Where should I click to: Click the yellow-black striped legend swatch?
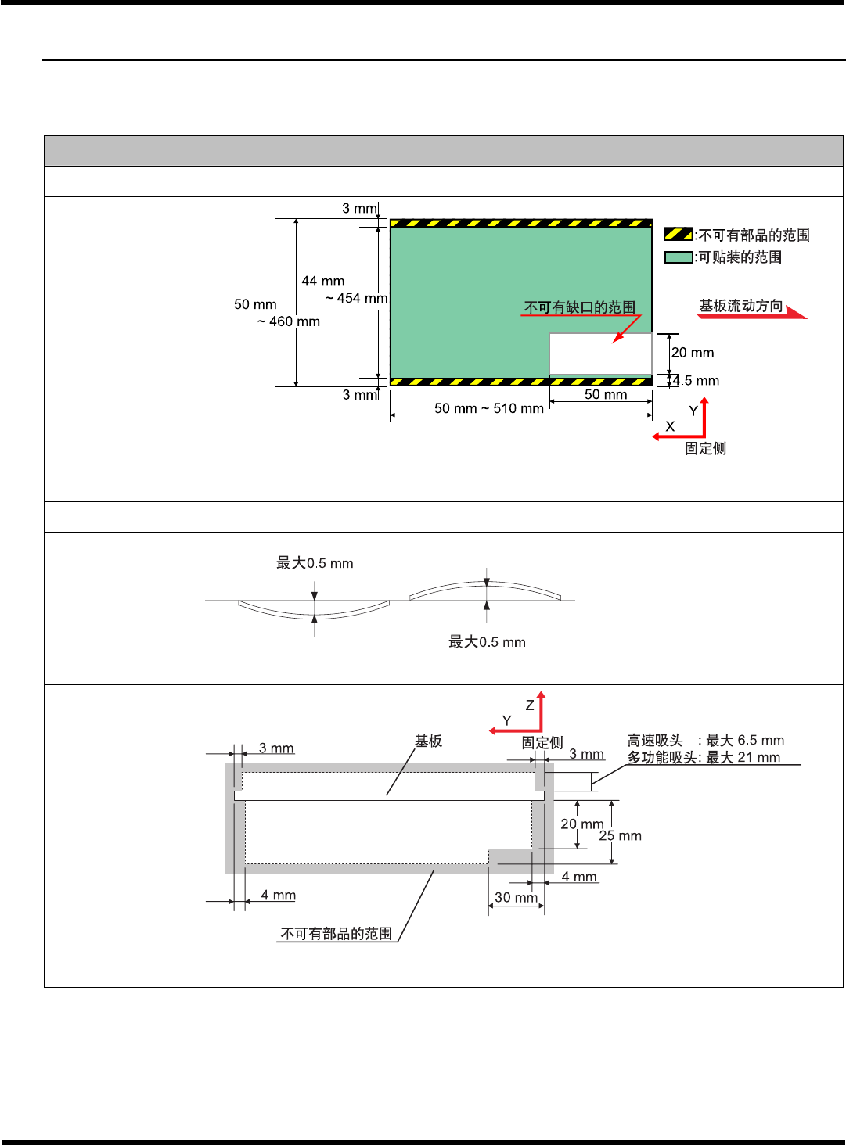click(x=678, y=234)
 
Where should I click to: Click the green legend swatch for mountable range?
click(x=678, y=257)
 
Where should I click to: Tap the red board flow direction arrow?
click(x=794, y=313)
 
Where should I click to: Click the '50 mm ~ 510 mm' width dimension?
click(x=489, y=408)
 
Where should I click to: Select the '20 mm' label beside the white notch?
click(x=693, y=353)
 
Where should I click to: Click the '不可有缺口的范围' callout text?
click(x=580, y=307)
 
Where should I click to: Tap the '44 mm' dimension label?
click(x=323, y=281)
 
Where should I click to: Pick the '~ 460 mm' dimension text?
click(x=289, y=321)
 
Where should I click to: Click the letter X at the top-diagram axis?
click(x=670, y=426)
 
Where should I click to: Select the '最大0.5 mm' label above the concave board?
click(x=315, y=563)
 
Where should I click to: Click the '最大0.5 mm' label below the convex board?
click(x=487, y=642)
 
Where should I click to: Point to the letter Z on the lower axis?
click(x=530, y=705)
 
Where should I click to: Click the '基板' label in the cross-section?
click(x=428, y=741)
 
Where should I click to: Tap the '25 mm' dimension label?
click(x=621, y=836)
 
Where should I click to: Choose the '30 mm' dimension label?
click(x=516, y=897)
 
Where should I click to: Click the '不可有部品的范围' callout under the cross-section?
click(x=337, y=934)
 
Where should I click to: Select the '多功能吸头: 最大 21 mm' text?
click(x=704, y=757)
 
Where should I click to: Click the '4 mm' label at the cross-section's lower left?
click(x=278, y=895)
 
